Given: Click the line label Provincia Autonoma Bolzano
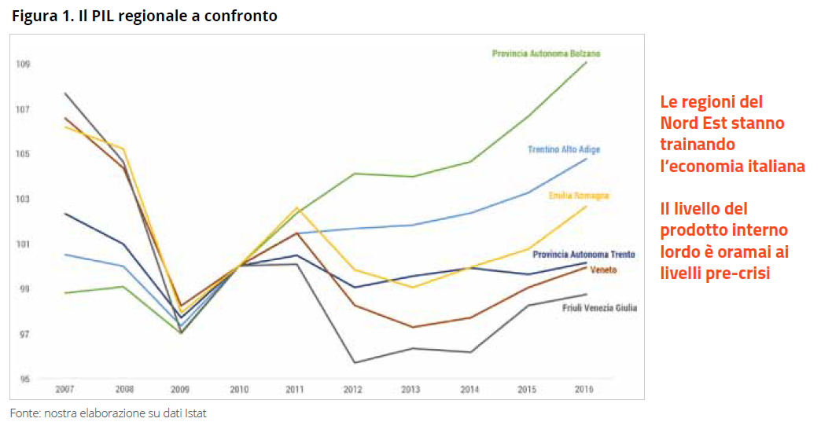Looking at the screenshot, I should [x=546, y=53].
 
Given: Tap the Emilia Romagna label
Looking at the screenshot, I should [x=578, y=195].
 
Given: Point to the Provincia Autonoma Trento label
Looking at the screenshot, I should [x=584, y=255].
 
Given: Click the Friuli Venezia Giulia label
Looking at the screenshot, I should [x=599, y=308].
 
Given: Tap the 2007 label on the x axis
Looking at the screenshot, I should [x=64, y=390].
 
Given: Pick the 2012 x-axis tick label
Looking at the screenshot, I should [x=353, y=390].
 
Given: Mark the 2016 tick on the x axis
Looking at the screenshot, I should [x=584, y=390].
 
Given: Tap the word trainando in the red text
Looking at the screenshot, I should [x=698, y=145].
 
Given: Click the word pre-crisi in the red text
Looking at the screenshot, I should [x=743, y=273].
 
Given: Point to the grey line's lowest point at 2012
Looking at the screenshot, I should [x=354, y=362].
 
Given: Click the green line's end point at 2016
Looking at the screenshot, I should [x=586, y=62].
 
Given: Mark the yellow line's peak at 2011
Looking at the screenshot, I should [x=296, y=207].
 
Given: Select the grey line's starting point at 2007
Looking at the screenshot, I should [x=64, y=93].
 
